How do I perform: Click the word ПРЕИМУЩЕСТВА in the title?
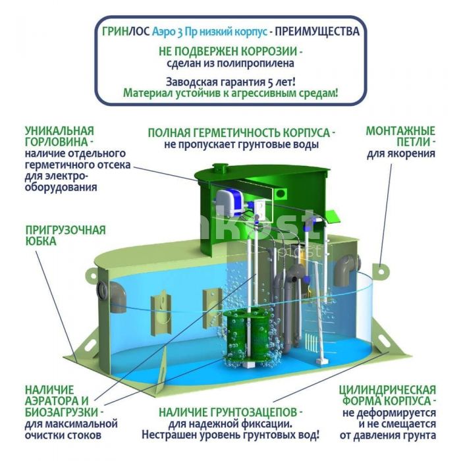(317, 31)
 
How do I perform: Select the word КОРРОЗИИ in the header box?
(269, 51)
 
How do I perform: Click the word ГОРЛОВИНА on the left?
(56, 142)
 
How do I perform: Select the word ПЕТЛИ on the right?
(413, 142)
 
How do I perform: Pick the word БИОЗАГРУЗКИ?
(61, 412)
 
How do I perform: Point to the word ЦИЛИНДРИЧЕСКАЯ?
(387, 390)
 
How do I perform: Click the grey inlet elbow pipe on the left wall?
(113, 292)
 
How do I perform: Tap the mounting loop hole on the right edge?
(381, 271)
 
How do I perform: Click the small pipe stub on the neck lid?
(219, 168)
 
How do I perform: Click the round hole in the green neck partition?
(281, 193)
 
